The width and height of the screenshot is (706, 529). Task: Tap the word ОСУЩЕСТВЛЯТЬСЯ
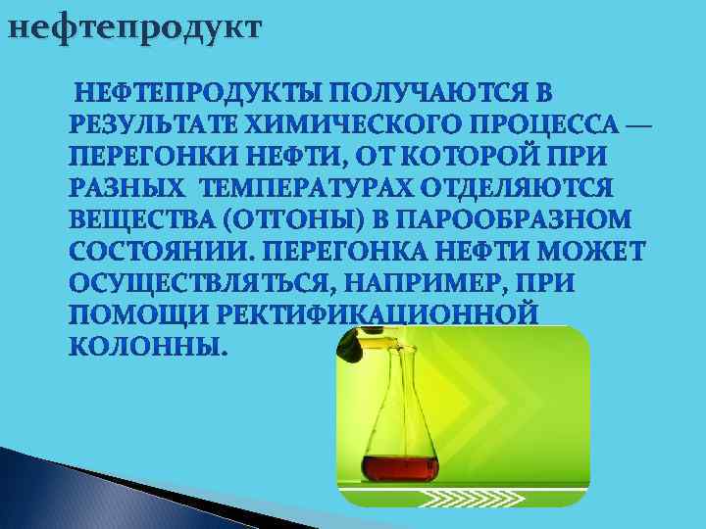pyautogui.click(x=192, y=283)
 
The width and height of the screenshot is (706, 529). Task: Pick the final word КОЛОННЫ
pyautogui.click(x=147, y=346)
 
